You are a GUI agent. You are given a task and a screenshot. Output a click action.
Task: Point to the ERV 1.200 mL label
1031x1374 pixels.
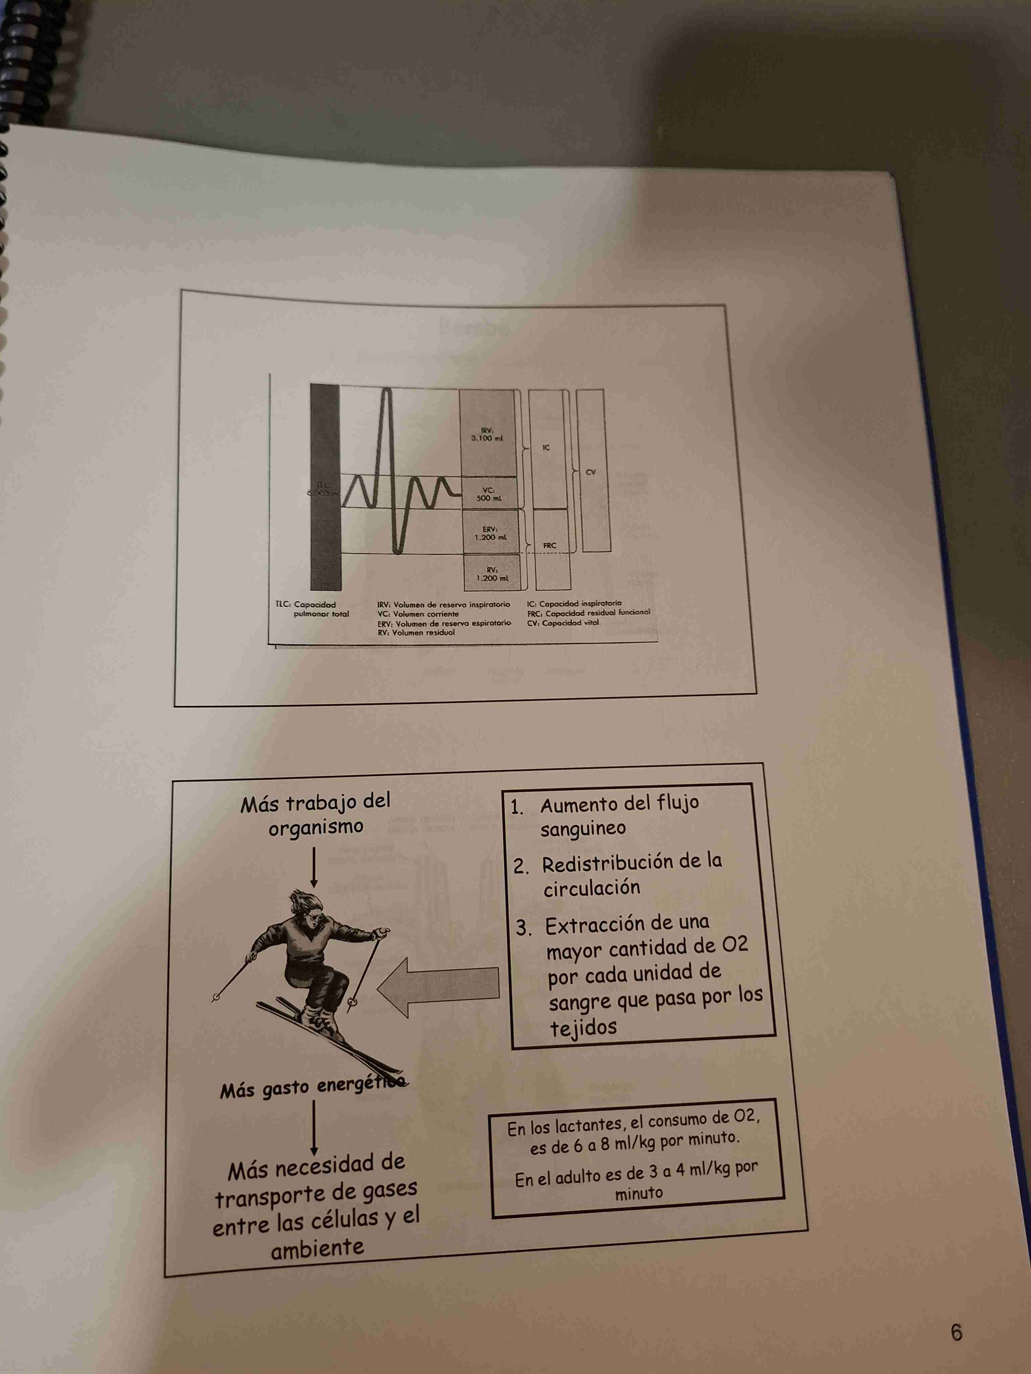pos(490,533)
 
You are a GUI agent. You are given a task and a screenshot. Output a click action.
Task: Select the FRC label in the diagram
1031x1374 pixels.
pos(550,545)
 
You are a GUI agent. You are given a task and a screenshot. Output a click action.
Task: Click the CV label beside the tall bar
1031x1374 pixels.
pos(590,472)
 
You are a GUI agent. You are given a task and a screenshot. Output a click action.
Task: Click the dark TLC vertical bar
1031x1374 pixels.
pos(325,488)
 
